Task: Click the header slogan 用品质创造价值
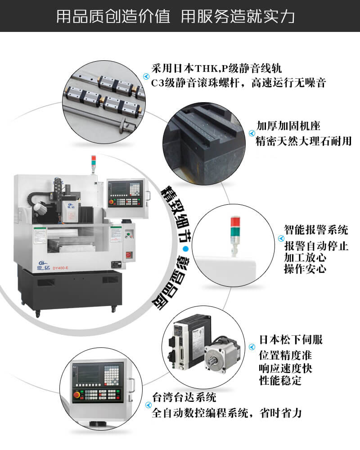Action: point(113,16)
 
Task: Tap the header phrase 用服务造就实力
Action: point(238,16)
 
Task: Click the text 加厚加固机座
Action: point(288,126)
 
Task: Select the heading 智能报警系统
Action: point(316,229)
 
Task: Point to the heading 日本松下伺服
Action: point(291,339)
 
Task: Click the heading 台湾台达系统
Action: point(184,397)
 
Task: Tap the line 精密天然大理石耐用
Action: point(304,141)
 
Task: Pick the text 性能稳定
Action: point(280,381)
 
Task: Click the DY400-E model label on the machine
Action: point(60,268)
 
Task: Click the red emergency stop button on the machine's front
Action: point(128,255)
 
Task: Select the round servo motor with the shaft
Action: point(222,354)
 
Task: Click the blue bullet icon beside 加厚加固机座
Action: point(252,133)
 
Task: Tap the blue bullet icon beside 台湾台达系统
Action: point(148,405)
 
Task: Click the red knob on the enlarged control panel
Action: point(76,395)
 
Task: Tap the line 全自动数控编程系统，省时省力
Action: point(227,413)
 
